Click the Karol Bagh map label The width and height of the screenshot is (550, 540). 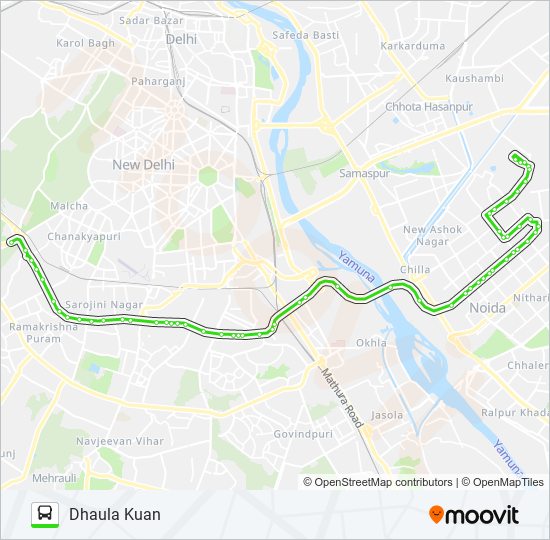[x=85, y=43]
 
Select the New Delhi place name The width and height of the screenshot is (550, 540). [x=143, y=164]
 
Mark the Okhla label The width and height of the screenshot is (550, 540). [x=371, y=342]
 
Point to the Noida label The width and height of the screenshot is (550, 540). [x=487, y=308]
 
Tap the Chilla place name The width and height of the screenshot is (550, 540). [x=415, y=269]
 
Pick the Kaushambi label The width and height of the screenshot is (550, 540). [x=475, y=77]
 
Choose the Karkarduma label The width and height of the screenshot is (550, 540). [x=412, y=46]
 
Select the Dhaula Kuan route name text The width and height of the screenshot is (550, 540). [x=115, y=514]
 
